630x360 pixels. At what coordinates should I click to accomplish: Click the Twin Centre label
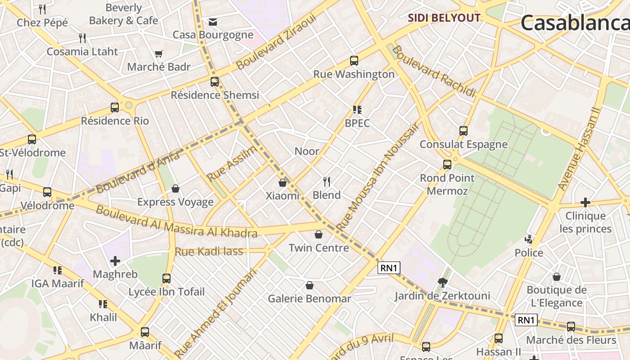tap(319, 248)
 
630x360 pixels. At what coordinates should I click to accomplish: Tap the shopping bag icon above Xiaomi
tap(283, 183)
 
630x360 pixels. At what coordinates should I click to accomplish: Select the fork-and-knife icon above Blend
tap(327, 182)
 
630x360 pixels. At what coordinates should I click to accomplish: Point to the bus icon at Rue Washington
tap(354, 60)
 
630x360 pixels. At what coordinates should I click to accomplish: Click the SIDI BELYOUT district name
tap(444, 18)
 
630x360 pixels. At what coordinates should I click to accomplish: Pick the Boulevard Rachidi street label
tap(433, 71)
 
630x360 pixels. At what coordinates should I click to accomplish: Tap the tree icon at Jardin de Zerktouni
tap(442, 283)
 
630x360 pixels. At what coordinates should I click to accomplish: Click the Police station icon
tap(529, 239)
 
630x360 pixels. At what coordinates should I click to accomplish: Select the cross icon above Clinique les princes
tap(585, 202)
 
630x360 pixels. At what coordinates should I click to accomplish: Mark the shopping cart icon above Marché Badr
tap(158, 54)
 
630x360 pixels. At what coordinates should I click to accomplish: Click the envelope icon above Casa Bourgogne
tap(213, 22)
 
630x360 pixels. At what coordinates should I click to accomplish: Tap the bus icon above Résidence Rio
tap(115, 107)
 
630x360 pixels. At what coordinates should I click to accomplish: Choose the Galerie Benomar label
tap(309, 299)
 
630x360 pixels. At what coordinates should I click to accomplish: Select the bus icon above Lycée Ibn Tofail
tap(166, 278)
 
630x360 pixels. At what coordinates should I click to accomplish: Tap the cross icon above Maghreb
tap(115, 261)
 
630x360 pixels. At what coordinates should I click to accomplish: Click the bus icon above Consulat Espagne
tap(463, 131)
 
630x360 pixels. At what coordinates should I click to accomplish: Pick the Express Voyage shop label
tap(175, 202)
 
